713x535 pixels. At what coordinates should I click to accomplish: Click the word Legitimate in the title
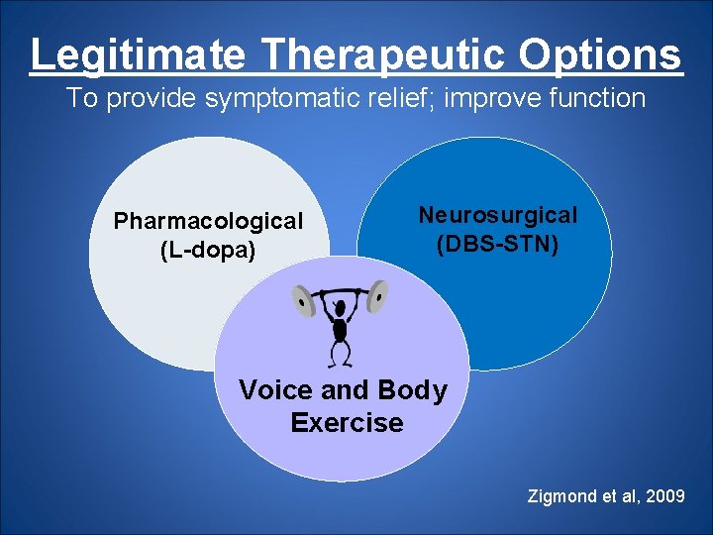(137, 55)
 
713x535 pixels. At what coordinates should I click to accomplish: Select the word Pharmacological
(208, 221)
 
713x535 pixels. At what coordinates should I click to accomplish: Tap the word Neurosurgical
(497, 215)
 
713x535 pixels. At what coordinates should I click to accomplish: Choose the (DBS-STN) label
(497, 243)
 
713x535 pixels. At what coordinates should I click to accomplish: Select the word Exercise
(347, 423)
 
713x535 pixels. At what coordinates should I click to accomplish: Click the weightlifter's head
(341, 308)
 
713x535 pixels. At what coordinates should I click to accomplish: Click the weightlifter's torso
(341, 329)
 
